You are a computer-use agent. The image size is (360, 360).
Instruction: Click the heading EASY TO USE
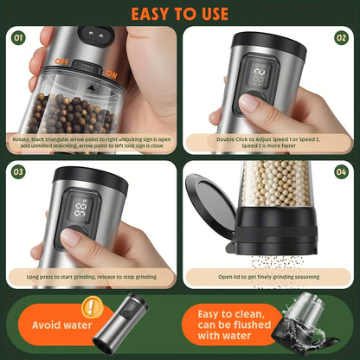180,14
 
